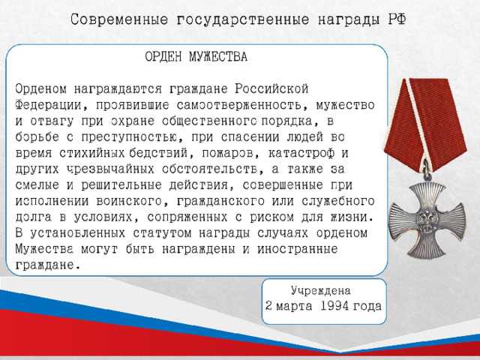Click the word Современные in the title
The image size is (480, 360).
coord(123,18)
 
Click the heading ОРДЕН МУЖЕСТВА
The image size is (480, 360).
coord(196,56)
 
